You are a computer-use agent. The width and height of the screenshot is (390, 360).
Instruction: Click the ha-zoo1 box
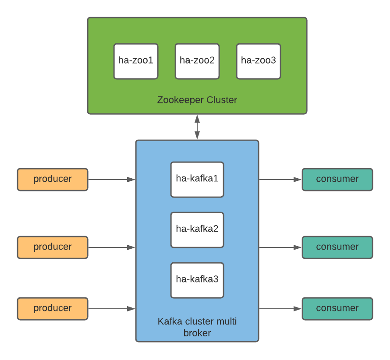click(x=136, y=61)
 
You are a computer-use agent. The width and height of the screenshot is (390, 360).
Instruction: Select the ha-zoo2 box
click(x=197, y=61)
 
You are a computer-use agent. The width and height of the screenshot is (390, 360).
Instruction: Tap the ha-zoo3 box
click(x=259, y=61)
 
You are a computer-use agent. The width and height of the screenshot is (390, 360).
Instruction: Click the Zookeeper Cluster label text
click(x=197, y=100)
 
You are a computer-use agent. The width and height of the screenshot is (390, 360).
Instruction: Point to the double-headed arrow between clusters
click(x=197, y=127)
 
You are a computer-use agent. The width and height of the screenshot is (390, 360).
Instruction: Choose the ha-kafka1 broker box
click(x=197, y=180)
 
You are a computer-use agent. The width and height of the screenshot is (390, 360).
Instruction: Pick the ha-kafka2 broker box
click(x=197, y=230)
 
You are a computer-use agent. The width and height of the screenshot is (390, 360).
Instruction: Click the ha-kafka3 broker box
click(x=197, y=280)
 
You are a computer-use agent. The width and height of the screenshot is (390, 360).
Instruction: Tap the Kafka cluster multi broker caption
click(x=197, y=327)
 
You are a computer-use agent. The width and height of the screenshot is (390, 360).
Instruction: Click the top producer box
click(x=53, y=180)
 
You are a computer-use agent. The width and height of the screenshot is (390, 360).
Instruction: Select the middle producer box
click(x=53, y=247)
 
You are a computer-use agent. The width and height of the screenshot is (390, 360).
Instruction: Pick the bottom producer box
click(x=53, y=309)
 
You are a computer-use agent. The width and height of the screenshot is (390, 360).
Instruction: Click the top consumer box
click(x=337, y=180)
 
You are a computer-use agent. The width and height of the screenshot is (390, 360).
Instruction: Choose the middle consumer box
click(x=337, y=247)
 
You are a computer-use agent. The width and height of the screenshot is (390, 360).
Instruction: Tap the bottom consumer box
click(x=337, y=309)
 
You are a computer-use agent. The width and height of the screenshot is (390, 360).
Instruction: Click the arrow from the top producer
click(x=112, y=180)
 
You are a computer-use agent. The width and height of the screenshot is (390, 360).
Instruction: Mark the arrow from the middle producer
click(x=112, y=247)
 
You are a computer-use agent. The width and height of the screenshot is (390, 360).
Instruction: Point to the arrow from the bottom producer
click(x=112, y=309)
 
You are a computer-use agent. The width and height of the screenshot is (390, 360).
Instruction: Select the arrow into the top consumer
click(x=280, y=180)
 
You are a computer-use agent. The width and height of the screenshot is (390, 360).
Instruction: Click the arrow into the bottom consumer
click(x=280, y=309)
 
